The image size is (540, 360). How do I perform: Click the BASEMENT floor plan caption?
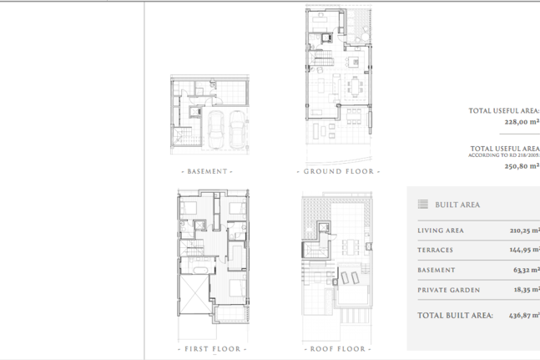point(207,171)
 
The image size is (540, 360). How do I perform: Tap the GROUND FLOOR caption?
point(338,171)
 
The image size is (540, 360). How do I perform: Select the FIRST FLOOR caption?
point(212,348)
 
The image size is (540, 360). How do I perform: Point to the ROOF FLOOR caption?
point(337,348)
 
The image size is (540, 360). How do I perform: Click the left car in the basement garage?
point(216,129)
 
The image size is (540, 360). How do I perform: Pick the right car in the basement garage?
point(237,129)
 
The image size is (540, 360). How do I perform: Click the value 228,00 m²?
point(522,122)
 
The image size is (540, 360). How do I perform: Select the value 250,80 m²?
point(522,165)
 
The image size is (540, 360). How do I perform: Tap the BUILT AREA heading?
point(457,205)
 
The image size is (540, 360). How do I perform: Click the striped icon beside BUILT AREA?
point(423,205)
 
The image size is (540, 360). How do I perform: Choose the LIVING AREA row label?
point(441,231)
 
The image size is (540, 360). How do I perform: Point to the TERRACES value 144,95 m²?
point(525,250)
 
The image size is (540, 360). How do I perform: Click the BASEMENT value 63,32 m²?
point(527,270)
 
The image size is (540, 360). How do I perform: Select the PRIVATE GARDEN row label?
point(449,290)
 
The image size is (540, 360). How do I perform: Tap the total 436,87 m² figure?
point(524,315)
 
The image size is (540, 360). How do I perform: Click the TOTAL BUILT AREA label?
point(455,315)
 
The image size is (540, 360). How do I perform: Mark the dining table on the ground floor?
point(355,87)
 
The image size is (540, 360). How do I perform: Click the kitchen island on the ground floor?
point(353,62)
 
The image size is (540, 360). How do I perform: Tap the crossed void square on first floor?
point(194,294)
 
